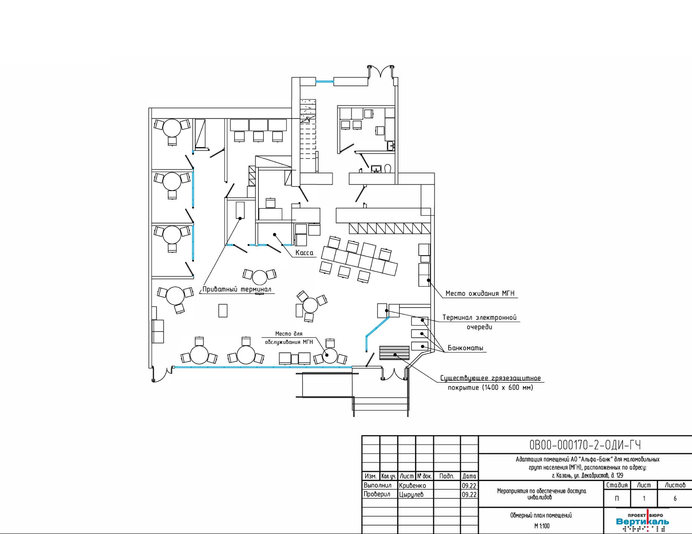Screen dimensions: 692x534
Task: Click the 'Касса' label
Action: click(304, 253)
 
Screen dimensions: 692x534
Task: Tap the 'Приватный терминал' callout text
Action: click(237, 289)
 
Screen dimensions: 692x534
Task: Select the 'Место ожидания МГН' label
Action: click(480, 293)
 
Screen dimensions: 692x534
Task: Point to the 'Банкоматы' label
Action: click(466, 348)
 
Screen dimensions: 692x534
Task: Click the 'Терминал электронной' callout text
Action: click(480, 318)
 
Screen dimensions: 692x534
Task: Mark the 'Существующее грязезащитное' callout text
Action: click(490, 378)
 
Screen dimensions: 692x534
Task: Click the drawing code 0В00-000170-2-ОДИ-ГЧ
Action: click(585, 445)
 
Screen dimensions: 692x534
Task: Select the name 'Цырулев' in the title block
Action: click(411, 494)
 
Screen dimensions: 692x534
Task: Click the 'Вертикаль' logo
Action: click(643, 522)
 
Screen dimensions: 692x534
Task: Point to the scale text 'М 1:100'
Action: click(542, 526)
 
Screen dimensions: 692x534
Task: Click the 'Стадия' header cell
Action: click(617, 485)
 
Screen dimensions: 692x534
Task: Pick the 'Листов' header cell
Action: click(675, 485)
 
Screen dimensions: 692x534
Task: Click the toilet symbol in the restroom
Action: click(388, 169)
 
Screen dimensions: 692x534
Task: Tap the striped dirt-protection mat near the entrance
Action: click(394, 353)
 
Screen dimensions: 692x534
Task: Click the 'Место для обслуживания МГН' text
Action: click(289, 338)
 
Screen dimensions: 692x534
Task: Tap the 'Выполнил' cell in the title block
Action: click(378, 485)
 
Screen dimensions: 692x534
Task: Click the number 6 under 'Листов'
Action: click(675, 499)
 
